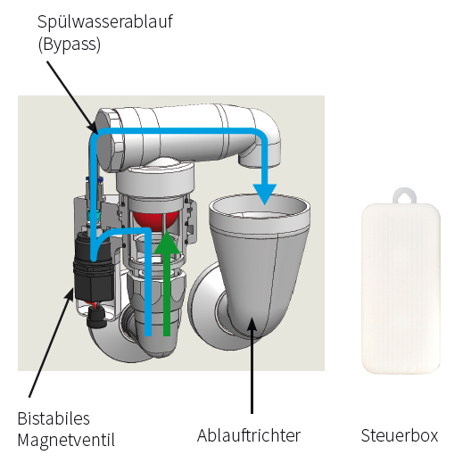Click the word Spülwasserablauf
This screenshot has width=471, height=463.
point(105,22)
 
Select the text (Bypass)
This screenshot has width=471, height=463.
point(70,45)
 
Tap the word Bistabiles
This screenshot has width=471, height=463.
point(54,418)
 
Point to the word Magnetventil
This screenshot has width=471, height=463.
point(66,441)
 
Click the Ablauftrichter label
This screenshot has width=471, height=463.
point(249,435)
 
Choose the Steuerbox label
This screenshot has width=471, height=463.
point(400,435)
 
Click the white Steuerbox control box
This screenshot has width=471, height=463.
point(401,288)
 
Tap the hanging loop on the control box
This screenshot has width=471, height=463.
point(404,195)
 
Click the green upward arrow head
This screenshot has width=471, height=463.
point(167,244)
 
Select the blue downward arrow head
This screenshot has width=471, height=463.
point(265,194)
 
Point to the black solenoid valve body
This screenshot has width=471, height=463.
point(94,268)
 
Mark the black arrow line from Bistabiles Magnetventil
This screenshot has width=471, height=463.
point(51,343)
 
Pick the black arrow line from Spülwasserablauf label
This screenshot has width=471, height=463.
point(72,97)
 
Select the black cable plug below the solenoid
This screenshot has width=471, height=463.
point(95,319)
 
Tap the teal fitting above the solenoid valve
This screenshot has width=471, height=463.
point(93,214)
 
